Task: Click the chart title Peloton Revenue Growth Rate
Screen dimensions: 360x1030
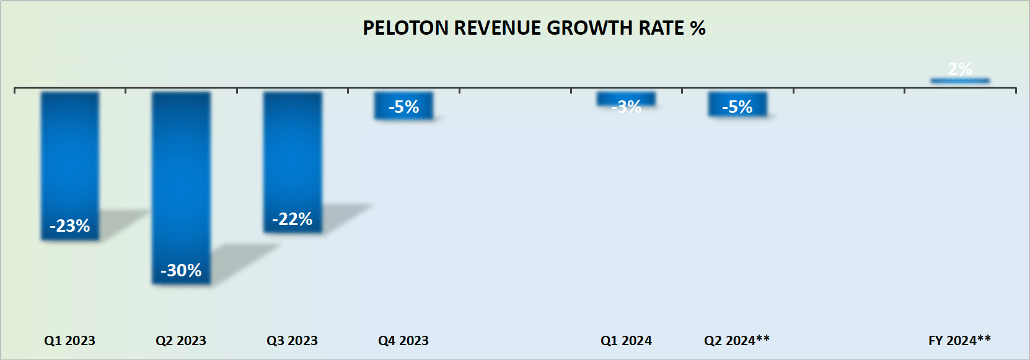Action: (534, 28)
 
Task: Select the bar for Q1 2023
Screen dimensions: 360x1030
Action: (70, 155)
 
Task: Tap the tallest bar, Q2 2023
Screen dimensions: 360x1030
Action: (181, 180)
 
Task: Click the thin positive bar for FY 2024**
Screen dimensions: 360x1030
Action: (960, 81)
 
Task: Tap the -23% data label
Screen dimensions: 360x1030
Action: (70, 226)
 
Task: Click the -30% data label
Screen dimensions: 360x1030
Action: (181, 270)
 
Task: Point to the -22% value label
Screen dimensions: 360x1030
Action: (293, 219)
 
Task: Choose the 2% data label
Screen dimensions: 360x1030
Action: (960, 69)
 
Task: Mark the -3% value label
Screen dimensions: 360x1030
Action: (626, 107)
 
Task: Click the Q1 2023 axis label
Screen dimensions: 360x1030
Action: (69, 340)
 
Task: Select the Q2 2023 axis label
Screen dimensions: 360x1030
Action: (181, 340)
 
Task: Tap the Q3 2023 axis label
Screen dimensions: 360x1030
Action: (292, 340)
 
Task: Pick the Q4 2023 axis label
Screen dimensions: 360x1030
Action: (403, 340)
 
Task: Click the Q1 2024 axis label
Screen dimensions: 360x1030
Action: (626, 340)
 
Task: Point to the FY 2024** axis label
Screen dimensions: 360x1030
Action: (959, 340)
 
